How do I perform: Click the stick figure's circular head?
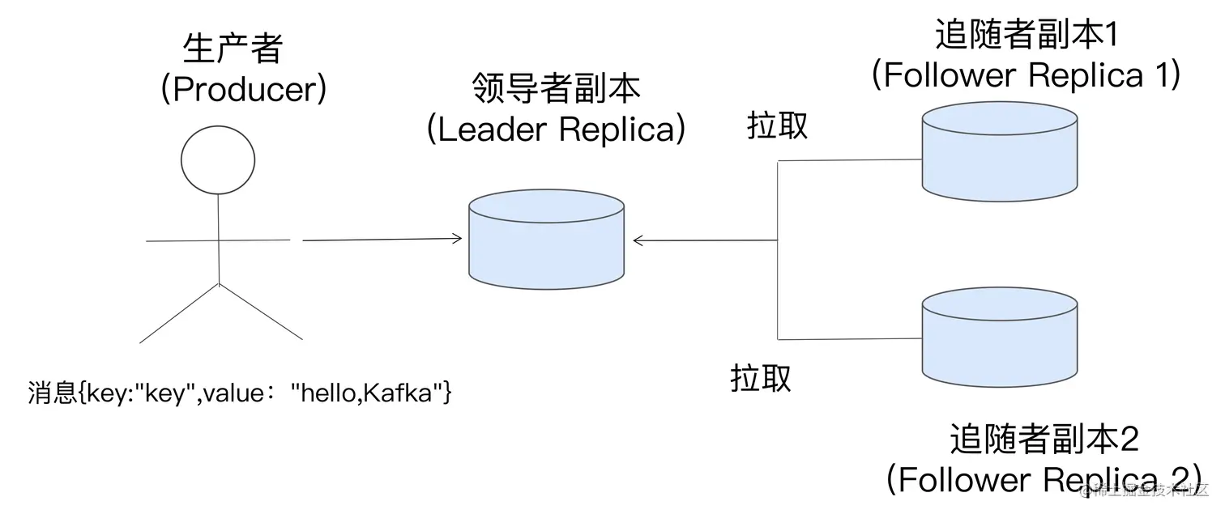tap(218, 160)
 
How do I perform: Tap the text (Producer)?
tap(244, 89)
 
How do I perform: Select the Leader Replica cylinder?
tap(546, 240)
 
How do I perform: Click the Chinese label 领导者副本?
tap(556, 88)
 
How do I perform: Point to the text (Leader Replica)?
tap(556, 130)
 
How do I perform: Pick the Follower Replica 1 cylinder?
tap(1000, 151)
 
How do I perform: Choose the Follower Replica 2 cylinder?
tap(1000, 337)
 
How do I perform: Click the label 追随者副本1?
tap(1027, 35)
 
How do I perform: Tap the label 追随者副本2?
tap(1044, 439)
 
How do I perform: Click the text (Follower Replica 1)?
tap(1027, 74)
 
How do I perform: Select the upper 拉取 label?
tap(777, 125)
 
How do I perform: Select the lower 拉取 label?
tap(761, 378)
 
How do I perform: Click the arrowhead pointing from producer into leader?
tap(457, 238)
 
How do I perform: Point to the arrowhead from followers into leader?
tap(638, 240)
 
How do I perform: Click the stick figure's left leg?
tap(179, 313)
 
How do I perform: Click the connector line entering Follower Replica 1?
tap(850, 160)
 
